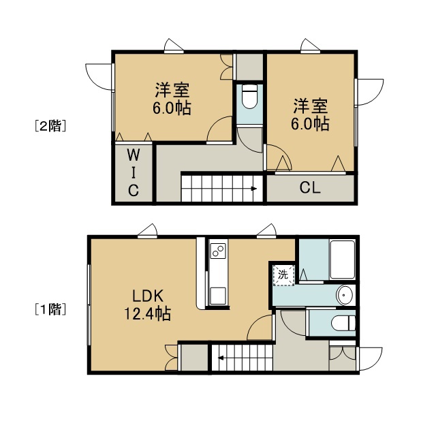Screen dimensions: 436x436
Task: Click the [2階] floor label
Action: click(50, 125)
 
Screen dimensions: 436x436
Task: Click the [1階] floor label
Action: click(50, 309)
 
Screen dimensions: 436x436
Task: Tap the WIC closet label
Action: click(134, 172)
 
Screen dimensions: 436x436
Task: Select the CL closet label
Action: click(310, 188)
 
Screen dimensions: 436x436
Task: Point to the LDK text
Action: click(148, 296)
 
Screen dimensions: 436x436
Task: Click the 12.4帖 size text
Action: click(147, 313)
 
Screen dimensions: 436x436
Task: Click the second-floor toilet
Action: click(249, 97)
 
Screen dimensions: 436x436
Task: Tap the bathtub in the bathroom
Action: click(342, 260)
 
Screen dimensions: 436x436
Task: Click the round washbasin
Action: click(345, 295)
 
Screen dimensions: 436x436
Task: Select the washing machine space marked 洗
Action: click(283, 275)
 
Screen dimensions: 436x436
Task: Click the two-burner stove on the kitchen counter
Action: click(218, 251)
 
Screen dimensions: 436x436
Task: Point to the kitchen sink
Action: click(218, 296)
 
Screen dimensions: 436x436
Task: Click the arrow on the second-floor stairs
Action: click(254, 189)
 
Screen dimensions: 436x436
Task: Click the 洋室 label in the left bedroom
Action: click(172, 90)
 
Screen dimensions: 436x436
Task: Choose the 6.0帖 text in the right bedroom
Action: click(311, 124)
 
